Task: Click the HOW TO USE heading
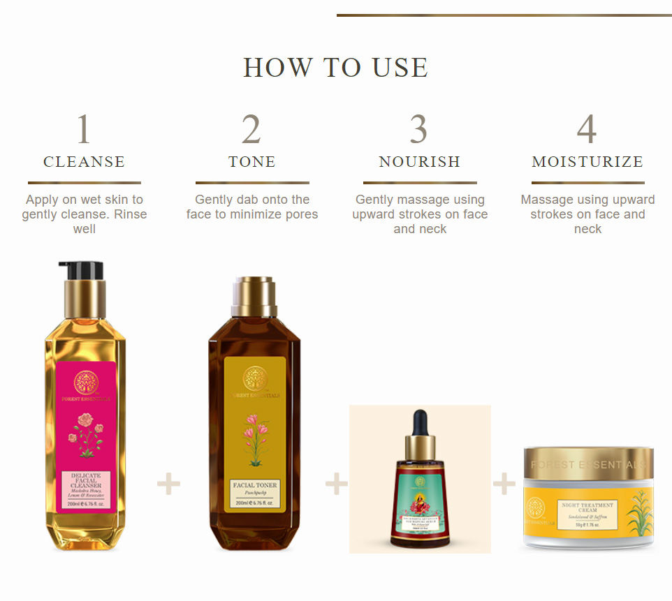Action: tap(335, 68)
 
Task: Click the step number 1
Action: tap(84, 129)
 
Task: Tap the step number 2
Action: tap(251, 129)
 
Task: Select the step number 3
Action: tap(419, 129)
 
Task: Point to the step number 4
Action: tap(587, 129)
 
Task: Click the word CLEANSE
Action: tap(84, 162)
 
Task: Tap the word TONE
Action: tap(251, 162)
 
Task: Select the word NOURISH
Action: tap(419, 162)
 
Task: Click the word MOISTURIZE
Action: tap(587, 162)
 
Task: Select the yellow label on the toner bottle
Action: tap(255, 433)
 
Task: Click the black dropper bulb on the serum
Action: tap(420, 422)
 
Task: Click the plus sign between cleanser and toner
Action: tap(168, 484)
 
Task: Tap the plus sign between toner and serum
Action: tap(336, 484)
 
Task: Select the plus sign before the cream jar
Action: tap(504, 484)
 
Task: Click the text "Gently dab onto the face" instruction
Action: tap(251, 207)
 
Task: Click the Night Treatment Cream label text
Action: tap(587, 507)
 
